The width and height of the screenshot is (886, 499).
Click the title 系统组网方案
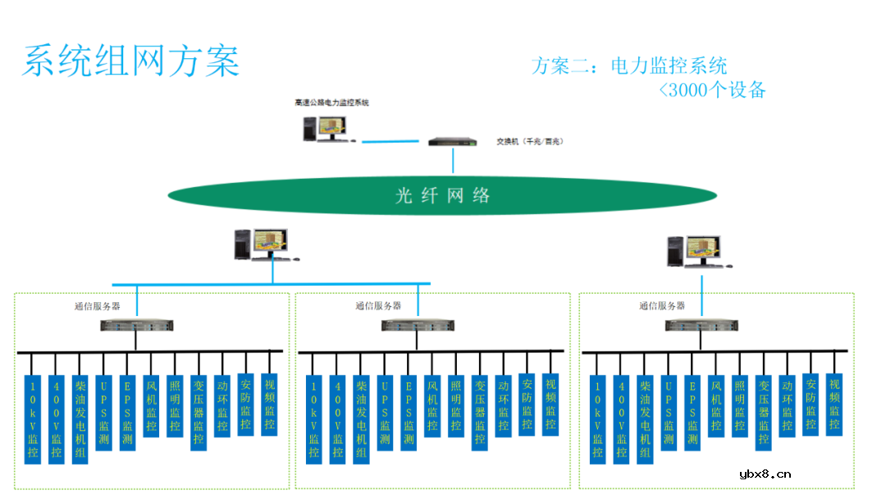coord(130,62)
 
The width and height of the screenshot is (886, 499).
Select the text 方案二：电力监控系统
coord(629,66)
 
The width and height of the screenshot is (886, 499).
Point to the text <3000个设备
coord(712,90)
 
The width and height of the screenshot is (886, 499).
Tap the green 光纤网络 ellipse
coord(443,195)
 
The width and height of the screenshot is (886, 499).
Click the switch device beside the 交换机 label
coord(453,141)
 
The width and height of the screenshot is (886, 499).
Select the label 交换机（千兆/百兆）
coord(529,141)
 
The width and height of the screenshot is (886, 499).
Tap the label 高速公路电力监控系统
coord(331,103)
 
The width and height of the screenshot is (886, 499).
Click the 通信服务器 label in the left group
coord(98,306)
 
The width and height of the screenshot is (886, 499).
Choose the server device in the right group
coord(701,325)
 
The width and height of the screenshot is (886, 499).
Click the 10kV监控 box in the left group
coord(33,419)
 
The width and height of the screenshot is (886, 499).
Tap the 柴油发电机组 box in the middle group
coord(362,419)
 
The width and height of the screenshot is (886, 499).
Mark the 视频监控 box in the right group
coord(834,403)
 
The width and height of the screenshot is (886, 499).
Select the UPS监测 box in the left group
coord(104,412)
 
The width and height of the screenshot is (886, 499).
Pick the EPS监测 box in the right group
coord(692,412)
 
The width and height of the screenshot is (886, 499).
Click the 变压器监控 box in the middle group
coord(480,413)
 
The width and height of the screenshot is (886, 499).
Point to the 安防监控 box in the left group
coord(245,404)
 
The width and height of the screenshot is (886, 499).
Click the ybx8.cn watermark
coord(765,473)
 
